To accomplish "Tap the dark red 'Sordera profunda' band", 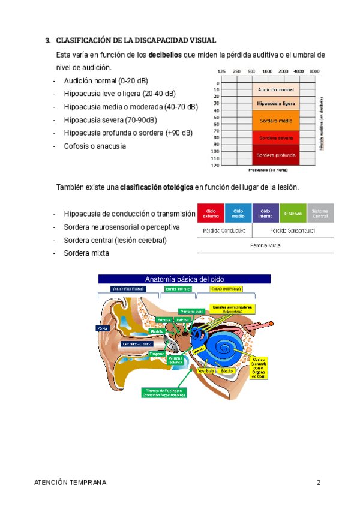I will tap(275, 155).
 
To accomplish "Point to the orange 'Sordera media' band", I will tap(275, 120).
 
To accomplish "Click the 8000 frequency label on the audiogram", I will tap(314, 71).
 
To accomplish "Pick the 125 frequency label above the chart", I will tap(222, 71).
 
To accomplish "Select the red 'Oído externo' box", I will tap(211, 214).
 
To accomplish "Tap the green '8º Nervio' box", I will tap(293, 214).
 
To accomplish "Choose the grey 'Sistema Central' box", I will tap(320, 214).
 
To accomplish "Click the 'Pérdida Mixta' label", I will tap(265, 245).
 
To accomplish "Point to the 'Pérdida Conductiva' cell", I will tap(224, 230).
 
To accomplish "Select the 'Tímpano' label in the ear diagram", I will tap(157, 354).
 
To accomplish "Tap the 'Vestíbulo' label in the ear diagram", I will tap(206, 372).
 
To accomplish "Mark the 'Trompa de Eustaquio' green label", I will tap(164, 392).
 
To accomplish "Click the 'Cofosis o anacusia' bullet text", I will tap(95, 146).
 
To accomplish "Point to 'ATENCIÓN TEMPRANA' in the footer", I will tap(70, 483).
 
